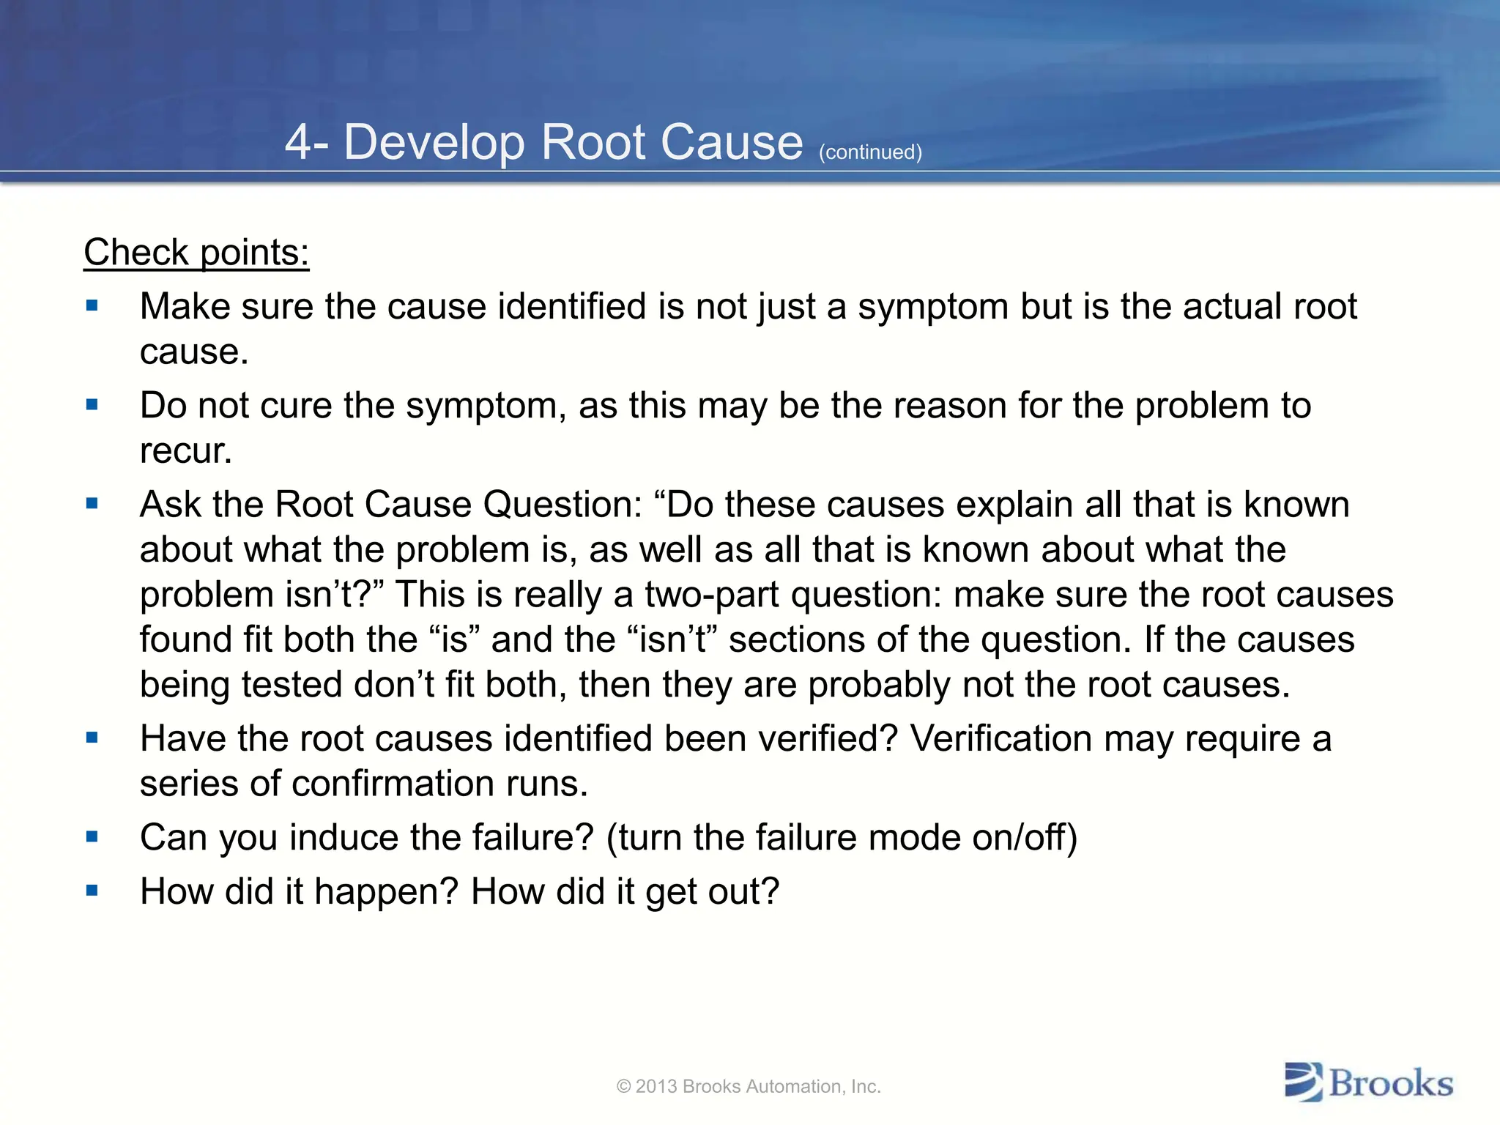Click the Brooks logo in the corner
pos(1368,1083)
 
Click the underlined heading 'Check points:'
pos(196,253)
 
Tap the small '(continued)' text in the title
pos(870,152)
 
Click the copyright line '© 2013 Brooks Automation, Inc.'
pos(749,1086)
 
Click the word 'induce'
pos(344,837)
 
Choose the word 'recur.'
pos(186,450)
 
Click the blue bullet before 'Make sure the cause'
pos(92,305)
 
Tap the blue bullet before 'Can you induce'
pos(92,836)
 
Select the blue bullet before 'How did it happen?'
pos(92,891)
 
